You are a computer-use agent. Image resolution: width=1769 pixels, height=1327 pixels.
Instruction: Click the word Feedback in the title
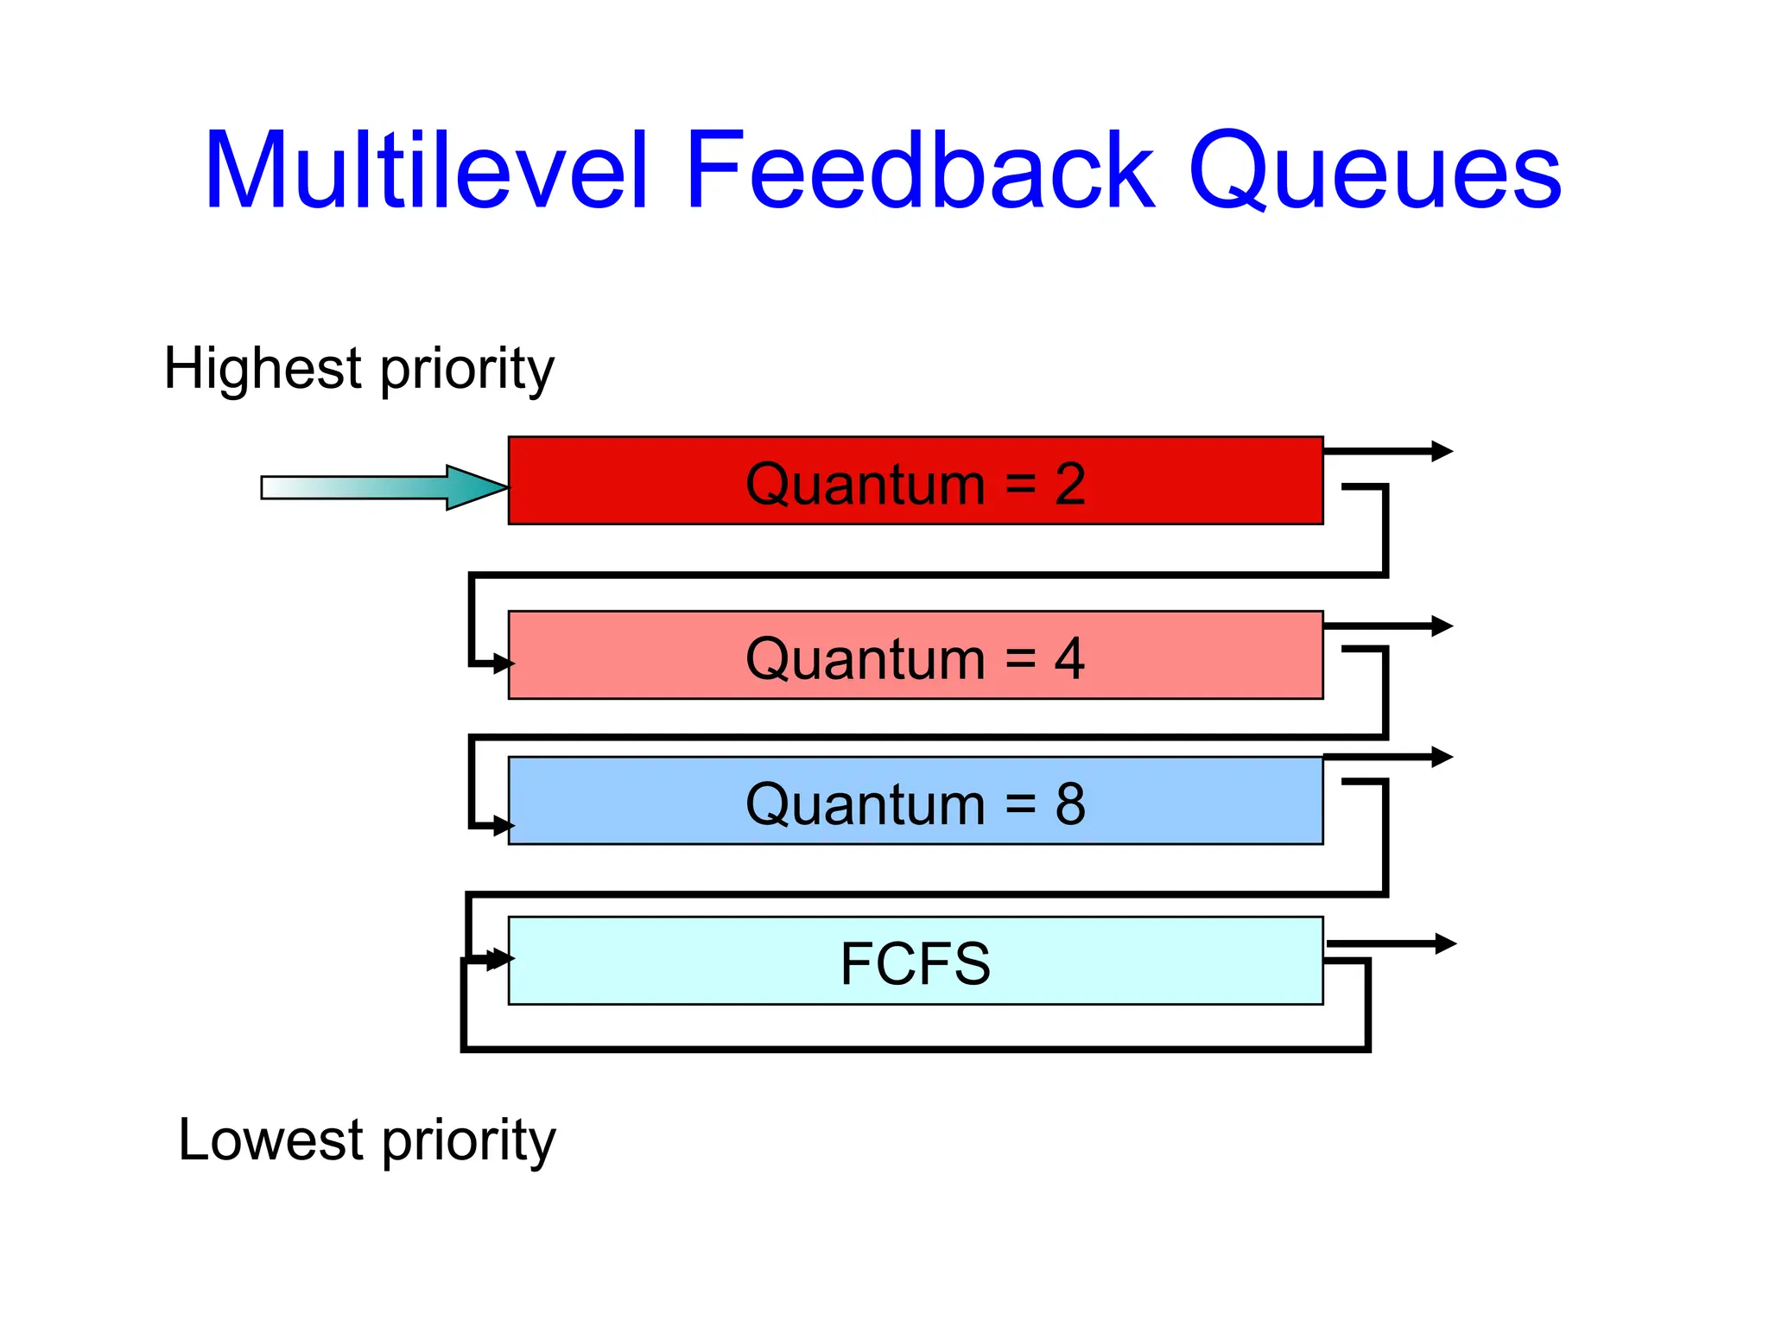pos(919,171)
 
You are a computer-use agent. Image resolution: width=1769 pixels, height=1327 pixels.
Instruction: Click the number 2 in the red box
pos(1069,485)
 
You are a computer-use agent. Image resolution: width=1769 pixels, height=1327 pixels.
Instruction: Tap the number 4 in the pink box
pos(1069,659)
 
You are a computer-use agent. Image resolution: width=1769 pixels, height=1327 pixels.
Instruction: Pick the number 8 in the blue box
pos(1069,804)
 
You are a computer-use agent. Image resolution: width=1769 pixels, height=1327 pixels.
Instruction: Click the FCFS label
pos(915,964)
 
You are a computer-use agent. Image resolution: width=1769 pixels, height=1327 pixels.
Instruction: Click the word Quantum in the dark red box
pos(865,485)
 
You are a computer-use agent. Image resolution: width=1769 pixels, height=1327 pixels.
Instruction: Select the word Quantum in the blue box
pos(865,804)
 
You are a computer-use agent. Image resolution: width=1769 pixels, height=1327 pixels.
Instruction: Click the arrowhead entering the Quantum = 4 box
pos(503,664)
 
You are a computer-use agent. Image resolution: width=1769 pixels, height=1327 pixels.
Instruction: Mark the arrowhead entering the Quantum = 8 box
pos(503,826)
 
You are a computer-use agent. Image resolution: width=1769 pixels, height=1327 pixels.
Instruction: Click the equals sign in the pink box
pos(1020,659)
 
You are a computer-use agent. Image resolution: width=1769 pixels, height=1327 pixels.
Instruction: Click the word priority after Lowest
pos(469,1142)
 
